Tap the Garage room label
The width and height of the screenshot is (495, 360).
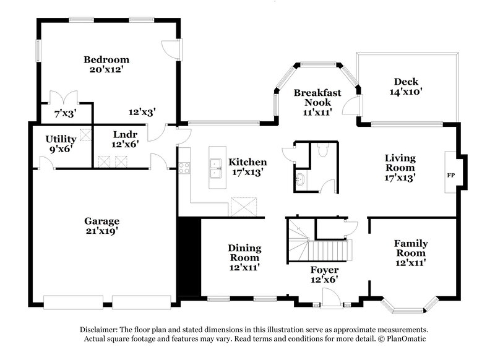click(x=102, y=221)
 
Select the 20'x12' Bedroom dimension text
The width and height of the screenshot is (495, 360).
click(x=106, y=70)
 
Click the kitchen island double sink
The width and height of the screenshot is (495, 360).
click(x=216, y=165)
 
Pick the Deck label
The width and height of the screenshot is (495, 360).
click(x=407, y=82)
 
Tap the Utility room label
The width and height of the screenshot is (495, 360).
click(x=61, y=139)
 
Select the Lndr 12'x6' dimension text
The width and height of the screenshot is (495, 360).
click(x=125, y=144)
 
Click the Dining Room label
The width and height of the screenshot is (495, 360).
click(x=245, y=252)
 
